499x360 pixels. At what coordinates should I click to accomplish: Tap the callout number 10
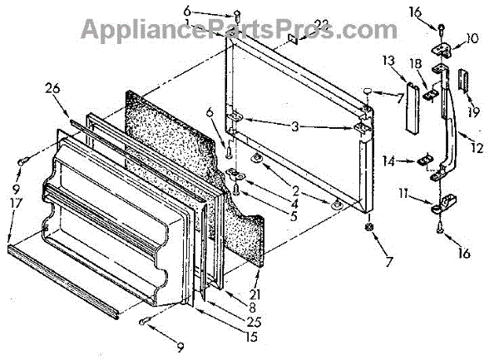point(472,37)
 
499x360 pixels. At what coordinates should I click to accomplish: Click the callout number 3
point(293,128)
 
